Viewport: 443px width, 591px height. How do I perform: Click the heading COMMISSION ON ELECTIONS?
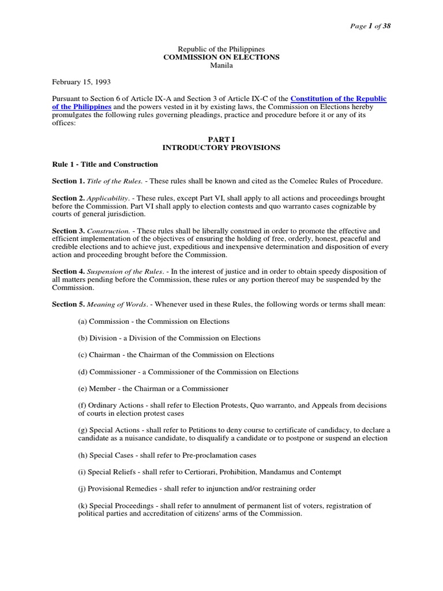tap(221, 58)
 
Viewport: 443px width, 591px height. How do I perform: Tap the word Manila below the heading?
tap(221, 66)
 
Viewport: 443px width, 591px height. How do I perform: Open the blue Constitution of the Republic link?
tap(339, 99)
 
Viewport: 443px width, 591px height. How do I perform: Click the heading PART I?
tap(221, 140)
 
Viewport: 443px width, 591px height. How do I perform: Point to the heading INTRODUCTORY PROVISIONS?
tap(221, 148)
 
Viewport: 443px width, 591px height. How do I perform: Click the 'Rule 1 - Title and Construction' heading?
tap(105, 164)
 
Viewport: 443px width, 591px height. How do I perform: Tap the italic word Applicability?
tap(107, 198)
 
